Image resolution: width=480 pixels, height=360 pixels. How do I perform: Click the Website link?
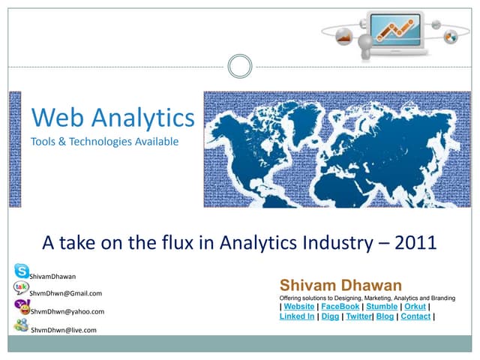(300, 306)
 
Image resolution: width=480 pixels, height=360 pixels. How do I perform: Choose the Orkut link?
(415, 306)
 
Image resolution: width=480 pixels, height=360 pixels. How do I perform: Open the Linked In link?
(297, 316)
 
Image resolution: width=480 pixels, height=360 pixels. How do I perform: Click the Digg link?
(330, 316)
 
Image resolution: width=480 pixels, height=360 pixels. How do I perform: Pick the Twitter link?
(358, 316)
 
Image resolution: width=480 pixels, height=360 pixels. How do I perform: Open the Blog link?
(385, 316)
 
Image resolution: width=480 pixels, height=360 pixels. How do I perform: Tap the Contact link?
(415, 316)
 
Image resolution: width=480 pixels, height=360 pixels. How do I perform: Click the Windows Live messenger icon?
(21, 325)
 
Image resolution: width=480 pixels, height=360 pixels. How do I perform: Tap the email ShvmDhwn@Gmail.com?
(66, 292)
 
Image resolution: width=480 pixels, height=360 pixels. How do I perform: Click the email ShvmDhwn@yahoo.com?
(67, 311)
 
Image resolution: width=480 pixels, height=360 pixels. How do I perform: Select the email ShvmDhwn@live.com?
(63, 330)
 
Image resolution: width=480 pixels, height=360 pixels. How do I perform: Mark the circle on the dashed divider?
(239, 67)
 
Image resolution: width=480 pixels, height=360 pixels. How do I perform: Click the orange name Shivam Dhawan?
(340, 285)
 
